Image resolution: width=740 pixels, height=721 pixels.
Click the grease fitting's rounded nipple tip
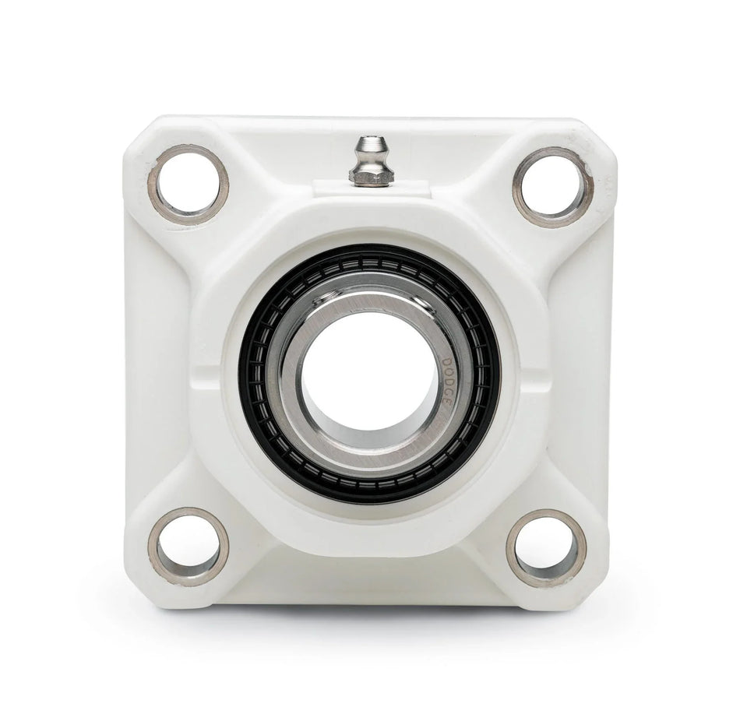[x=370, y=144]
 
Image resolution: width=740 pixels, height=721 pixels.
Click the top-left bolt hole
[x=189, y=185]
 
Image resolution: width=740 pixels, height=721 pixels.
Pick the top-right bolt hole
[x=552, y=187]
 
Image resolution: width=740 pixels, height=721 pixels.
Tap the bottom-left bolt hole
[x=189, y=546]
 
